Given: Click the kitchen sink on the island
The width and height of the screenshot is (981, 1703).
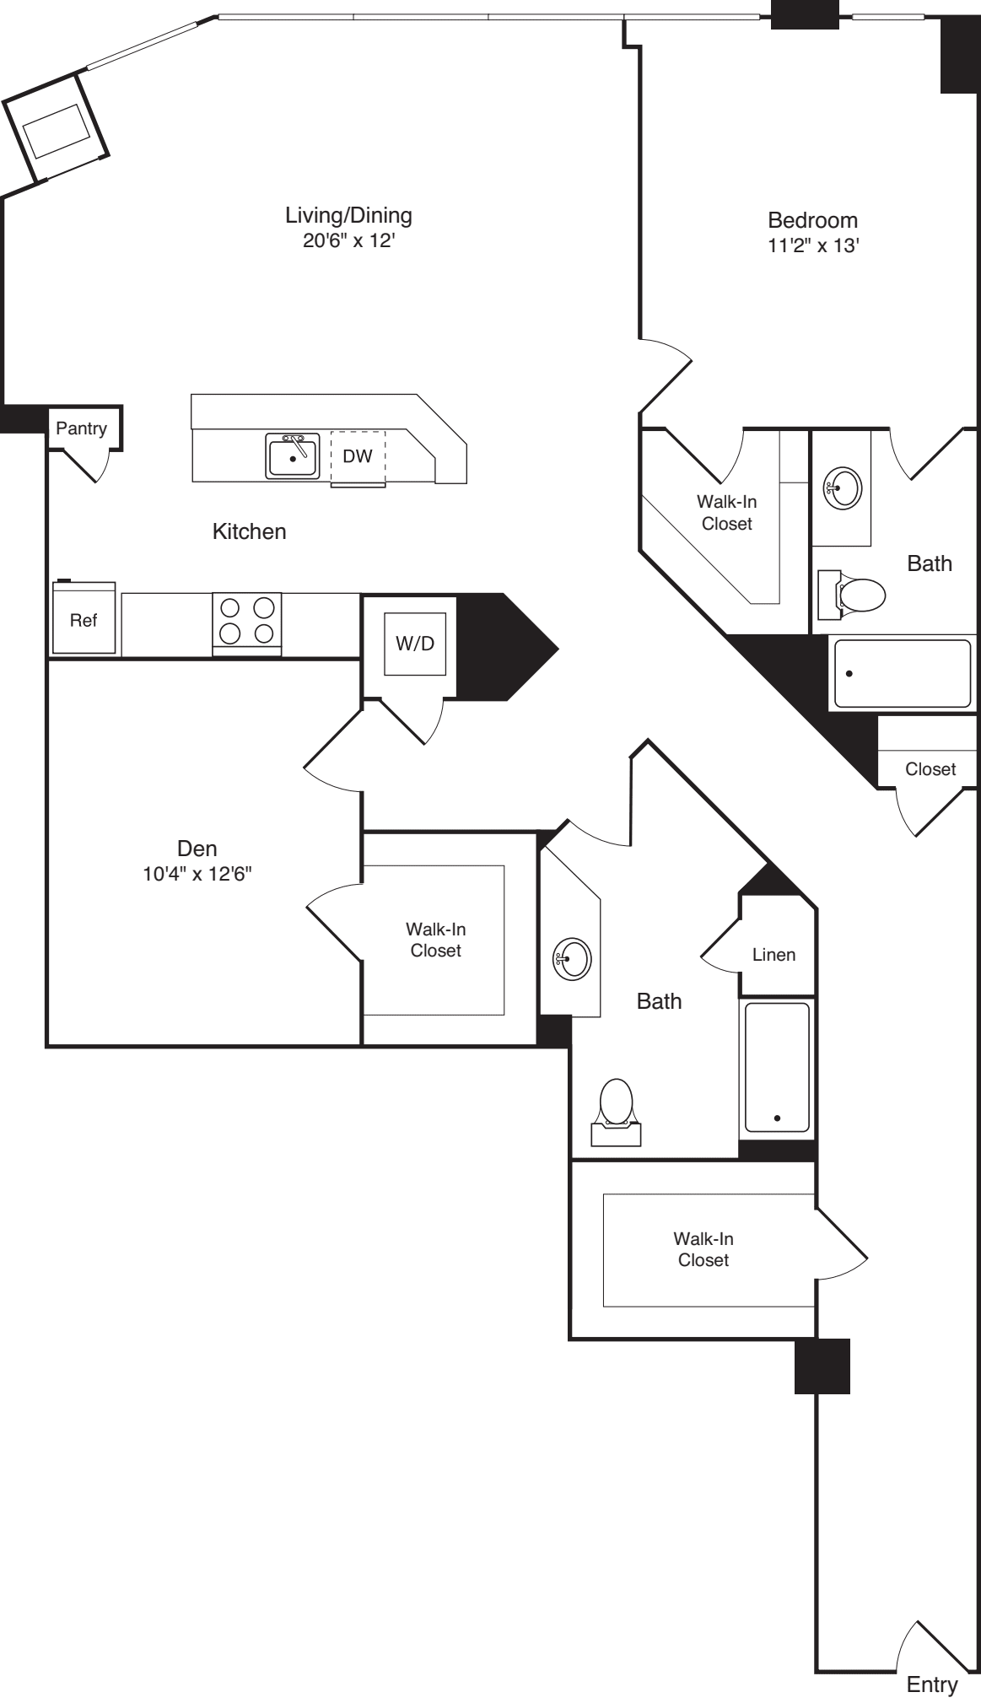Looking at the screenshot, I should pos(292,456).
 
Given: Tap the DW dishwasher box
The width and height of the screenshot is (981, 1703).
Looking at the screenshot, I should pos(358,457).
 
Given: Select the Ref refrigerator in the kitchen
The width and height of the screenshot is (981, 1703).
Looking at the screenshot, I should pos(84,619).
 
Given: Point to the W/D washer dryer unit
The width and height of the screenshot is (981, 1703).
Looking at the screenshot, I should pos(415,644).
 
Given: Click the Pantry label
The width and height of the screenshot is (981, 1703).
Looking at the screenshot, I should pos(81,428).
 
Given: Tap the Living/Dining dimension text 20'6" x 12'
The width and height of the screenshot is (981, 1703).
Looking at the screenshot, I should pos(348,241).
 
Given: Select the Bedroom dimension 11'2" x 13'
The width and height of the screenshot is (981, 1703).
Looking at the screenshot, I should pos(812,246).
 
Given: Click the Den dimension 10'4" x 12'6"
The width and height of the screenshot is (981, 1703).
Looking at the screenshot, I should pos(197,874).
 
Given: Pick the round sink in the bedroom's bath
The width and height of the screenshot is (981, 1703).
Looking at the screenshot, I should pos(842,488).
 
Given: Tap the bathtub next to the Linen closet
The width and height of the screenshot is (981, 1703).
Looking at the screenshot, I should pos(777,1067).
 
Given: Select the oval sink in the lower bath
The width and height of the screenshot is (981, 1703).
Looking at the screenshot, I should pos(572,958).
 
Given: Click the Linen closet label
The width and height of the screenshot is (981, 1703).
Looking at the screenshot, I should pos(773,955).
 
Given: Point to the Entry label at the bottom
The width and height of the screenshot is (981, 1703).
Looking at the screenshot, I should pos(931,1684).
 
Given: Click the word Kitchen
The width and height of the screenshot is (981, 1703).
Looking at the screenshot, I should pos(249,531).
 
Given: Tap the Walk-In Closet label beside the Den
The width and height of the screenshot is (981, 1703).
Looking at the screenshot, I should pos(435,940).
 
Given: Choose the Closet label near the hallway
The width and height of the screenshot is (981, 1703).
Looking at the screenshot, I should pos(930,769).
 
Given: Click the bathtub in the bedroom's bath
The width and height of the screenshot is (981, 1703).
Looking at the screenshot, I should pos(902,673).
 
